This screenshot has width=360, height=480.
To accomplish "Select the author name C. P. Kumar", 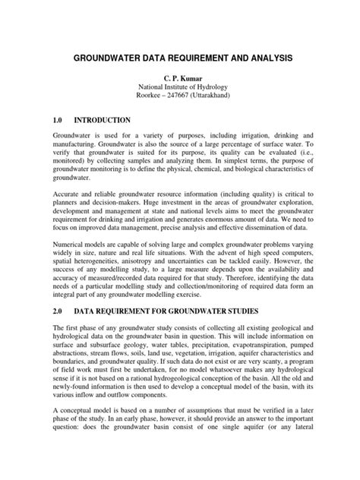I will coord(179,77).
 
